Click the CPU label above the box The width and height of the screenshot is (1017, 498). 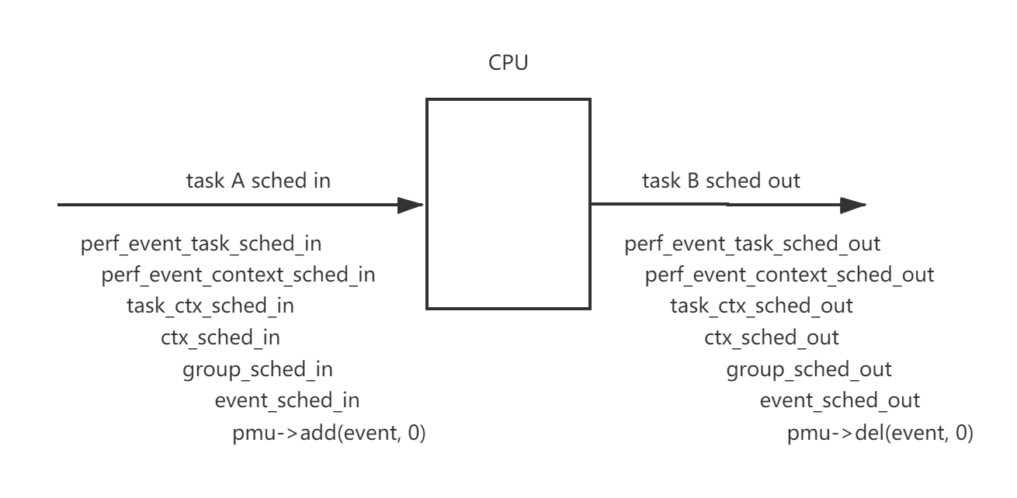[508, 63]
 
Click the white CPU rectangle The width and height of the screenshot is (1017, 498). [508, 203]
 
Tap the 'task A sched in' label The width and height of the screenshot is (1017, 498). [258, 181]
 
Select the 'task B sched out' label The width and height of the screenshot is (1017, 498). [720, 181]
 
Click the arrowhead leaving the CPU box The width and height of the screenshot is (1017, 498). [853, 206]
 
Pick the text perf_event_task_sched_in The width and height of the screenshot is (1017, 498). [201, 244]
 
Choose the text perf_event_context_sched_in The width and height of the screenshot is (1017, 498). [238, 275]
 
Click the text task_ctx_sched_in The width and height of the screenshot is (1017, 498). [210, 306]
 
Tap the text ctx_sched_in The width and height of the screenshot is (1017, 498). [220, 337]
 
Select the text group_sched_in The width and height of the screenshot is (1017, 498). [258, 369]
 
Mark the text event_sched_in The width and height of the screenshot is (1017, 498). [287, 400]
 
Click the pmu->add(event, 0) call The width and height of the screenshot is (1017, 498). [329, 433]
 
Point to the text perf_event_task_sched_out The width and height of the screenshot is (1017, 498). [752, 244]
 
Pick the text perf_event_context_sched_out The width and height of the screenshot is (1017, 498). [790, 275]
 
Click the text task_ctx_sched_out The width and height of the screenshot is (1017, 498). [762, 306]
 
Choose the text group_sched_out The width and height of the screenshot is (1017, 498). [809, 369]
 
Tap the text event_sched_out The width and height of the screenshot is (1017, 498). [839, 400]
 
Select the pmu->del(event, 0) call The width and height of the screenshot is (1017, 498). [880, 433]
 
